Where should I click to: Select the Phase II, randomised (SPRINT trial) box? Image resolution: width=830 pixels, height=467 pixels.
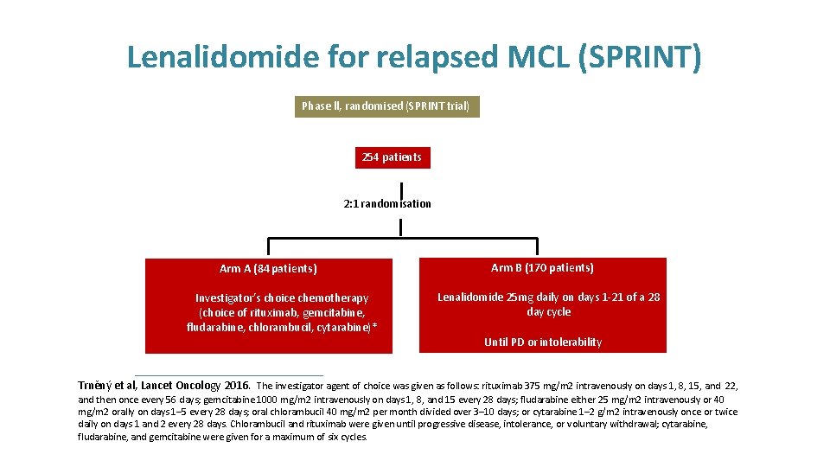[386, 106]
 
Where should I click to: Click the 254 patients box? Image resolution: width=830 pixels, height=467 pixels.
[393, 157]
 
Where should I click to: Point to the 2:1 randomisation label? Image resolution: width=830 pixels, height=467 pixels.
[386, 204]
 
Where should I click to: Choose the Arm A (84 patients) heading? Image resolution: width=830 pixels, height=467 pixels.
[268, 269]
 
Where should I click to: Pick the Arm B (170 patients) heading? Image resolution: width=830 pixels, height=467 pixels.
[542, 268]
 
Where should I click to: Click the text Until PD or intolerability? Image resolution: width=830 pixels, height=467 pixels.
[542, 342]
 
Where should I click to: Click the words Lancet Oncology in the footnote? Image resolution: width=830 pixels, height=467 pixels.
[181, 385]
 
